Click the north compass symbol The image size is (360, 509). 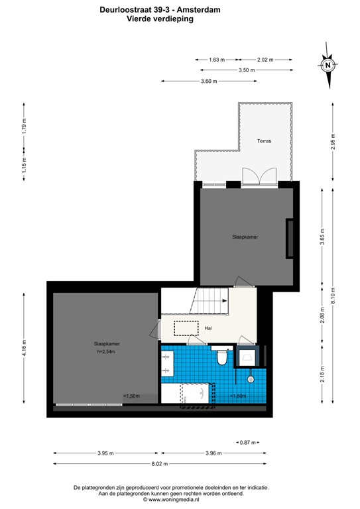pos(328,66)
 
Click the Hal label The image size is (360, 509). pos(208,327)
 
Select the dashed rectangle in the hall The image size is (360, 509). pos(186,328)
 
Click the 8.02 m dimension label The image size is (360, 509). pos(158,464)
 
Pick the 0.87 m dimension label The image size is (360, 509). pos(245,442)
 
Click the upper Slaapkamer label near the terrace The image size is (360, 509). pos(245,237)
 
